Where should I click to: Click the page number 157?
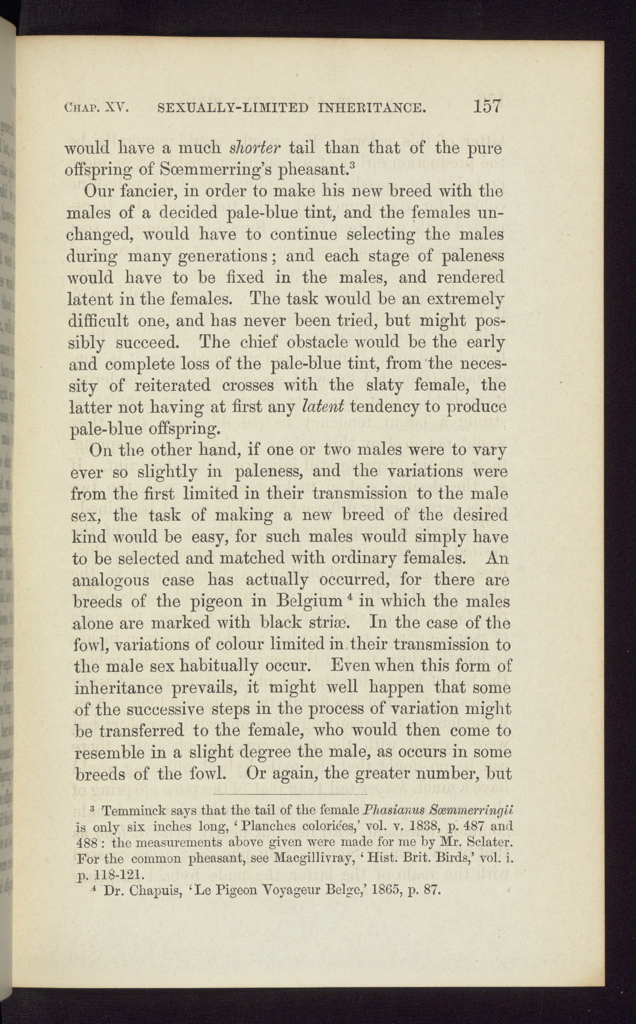[484, 107]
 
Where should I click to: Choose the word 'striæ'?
[337, 623]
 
